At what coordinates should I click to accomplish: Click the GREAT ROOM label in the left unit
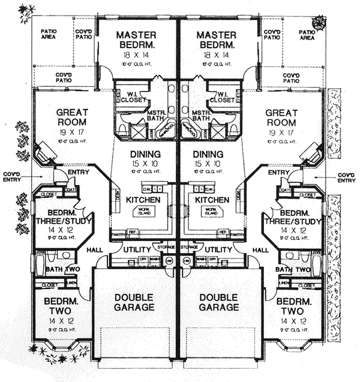73,118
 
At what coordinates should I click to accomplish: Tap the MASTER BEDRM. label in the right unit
218,41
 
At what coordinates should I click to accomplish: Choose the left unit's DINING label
144,154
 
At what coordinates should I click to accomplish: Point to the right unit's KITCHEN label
212,199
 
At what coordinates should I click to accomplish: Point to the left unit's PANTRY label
117,234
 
